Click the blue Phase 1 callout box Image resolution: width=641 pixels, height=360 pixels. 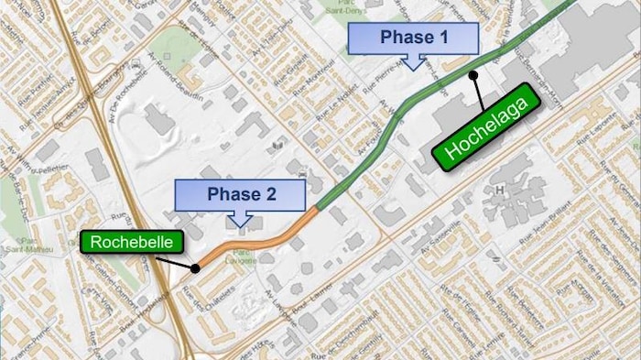[414, 38]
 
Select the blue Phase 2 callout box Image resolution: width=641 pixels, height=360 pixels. [240, 194]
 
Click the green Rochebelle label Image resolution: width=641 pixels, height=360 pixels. [132, 243]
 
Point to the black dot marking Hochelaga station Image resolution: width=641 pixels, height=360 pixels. [473, 75]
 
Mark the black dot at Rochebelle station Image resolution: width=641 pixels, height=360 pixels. [195, 268]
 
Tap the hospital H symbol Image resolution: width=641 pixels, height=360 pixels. [500, 190]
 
